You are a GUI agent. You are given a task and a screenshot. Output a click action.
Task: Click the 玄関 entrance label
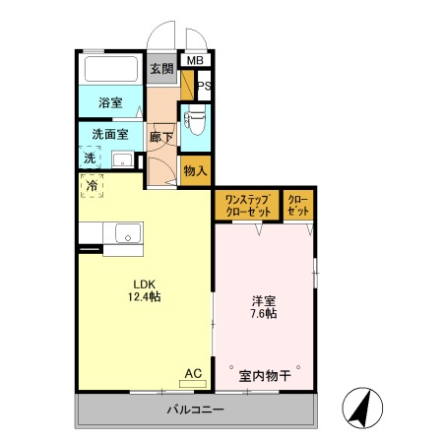coord(162,69)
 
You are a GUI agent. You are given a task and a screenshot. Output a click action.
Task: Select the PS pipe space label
coord(203,88)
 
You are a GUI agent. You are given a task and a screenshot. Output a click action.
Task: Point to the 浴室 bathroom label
coord(111,102)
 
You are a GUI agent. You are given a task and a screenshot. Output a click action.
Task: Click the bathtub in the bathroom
coord(111,70)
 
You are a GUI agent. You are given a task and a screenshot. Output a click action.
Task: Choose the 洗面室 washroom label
coord(110,133)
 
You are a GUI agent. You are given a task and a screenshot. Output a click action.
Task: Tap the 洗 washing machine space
coord(90,158)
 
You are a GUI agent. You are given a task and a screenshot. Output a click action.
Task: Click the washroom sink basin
coord(123,159)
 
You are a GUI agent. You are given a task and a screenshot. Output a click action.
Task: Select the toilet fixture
coord(195,121)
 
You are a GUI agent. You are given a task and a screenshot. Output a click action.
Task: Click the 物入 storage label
coord(195,170)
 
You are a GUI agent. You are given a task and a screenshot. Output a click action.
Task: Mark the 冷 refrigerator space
coord(92,184)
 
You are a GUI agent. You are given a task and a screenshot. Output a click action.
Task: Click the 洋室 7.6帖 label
coord(263,306)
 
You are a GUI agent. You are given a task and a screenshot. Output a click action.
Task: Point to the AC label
coord(193,373)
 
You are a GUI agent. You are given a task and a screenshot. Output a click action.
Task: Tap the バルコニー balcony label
coord(195,409)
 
